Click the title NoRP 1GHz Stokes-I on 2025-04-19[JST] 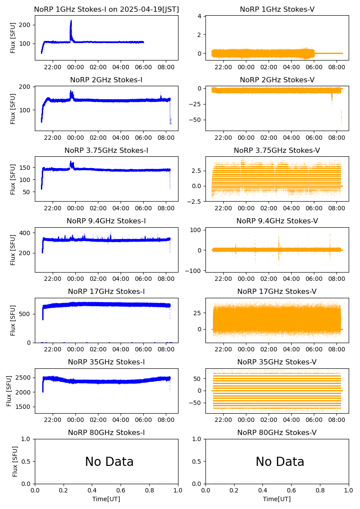tap(106, 9)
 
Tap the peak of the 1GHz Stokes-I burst tap(71, 21)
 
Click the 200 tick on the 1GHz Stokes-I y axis tap(26, 25)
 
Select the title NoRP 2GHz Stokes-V tap(277, 80)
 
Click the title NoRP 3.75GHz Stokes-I tap(106, 150)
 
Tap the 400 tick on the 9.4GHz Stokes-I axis tap(26, 233)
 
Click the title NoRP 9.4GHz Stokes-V tap(277, 221)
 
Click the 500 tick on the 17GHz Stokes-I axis tap(26, 314)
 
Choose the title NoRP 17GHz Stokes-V tap(277, 291)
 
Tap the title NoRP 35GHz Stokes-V tap(277, 362)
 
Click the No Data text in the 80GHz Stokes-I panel tap(109, 462)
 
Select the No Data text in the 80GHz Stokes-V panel tap(280, 462)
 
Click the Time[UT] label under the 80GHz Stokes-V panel tap(277, 499)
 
